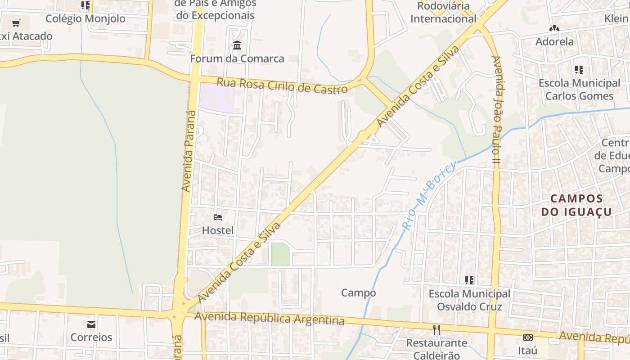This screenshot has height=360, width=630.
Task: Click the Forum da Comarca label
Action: tap(237, 59)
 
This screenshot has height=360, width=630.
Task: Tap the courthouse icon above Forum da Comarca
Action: tap(237, 45)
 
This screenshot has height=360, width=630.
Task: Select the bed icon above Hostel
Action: tap(218, 217)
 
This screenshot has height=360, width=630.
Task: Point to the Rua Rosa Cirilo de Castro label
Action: tap(282, 85)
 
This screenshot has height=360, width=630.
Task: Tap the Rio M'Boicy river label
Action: tap(430, 194)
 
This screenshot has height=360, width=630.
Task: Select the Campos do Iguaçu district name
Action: tap(576, 205)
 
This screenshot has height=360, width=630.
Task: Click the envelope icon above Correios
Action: tap(91, 324)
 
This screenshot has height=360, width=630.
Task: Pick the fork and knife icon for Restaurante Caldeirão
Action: tap(436, 330)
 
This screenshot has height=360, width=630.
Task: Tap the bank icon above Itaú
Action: tap(527, 337)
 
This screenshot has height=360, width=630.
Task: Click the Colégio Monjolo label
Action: tap(85, 19)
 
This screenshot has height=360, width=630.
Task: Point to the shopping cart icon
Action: tap(16, 23)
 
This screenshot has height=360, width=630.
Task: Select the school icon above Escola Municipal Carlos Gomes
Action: tap(579, 70)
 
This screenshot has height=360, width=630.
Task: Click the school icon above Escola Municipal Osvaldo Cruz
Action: tap(469, 280)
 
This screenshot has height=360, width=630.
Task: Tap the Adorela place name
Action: tap(554, 42)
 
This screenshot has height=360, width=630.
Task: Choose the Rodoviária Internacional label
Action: tap(443, 13)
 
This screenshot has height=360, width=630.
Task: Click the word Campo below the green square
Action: tap(358, 293)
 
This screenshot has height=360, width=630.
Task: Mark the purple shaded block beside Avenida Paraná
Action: tap(217, 98)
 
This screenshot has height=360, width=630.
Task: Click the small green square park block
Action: tap(280, 254)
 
